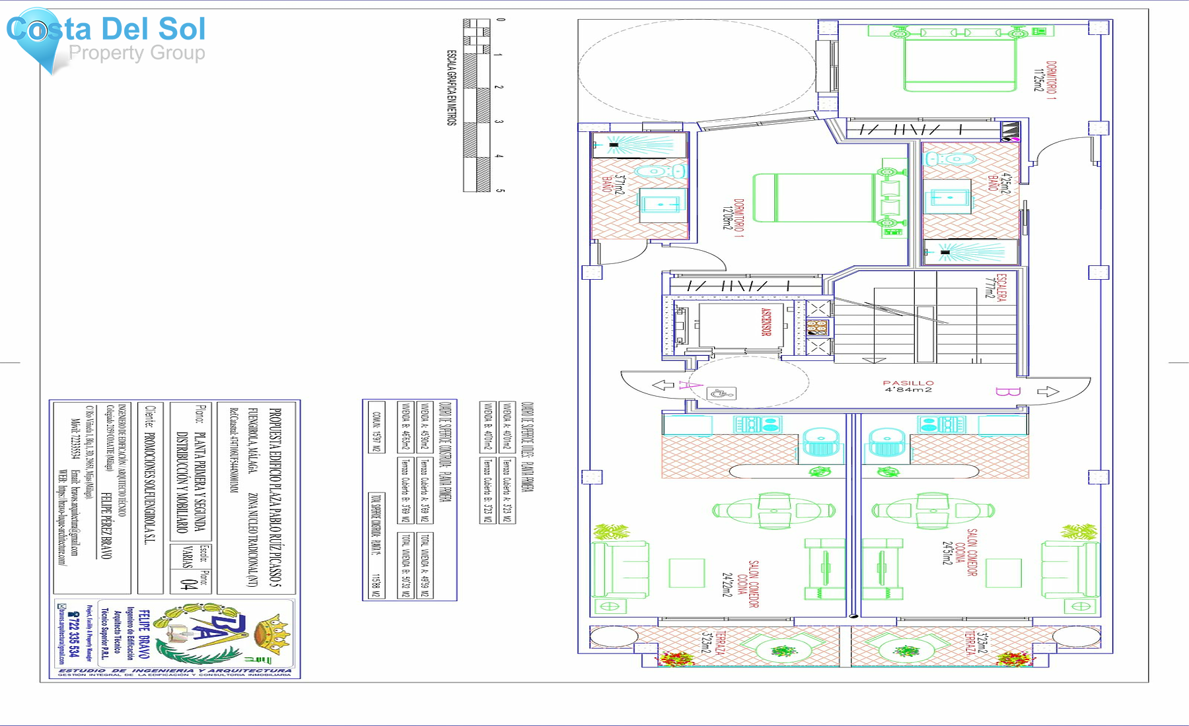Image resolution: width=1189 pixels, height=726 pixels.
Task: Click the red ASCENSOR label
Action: pyautogui.click(x=766, y=322)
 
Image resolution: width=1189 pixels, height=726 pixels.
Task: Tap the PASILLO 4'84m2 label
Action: pyautogui.click(x=908, y=386)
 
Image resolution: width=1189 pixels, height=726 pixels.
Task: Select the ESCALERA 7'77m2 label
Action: pyautogui.click(x=995, y=287)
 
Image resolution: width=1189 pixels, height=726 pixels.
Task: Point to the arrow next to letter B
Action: pyautogui.click(x=1048, y=391)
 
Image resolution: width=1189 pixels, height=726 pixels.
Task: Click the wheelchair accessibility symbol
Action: pyautogui.click(x=721, y=393)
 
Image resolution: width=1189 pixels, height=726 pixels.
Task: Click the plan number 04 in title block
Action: pyautogui.click(x=188, y=585)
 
